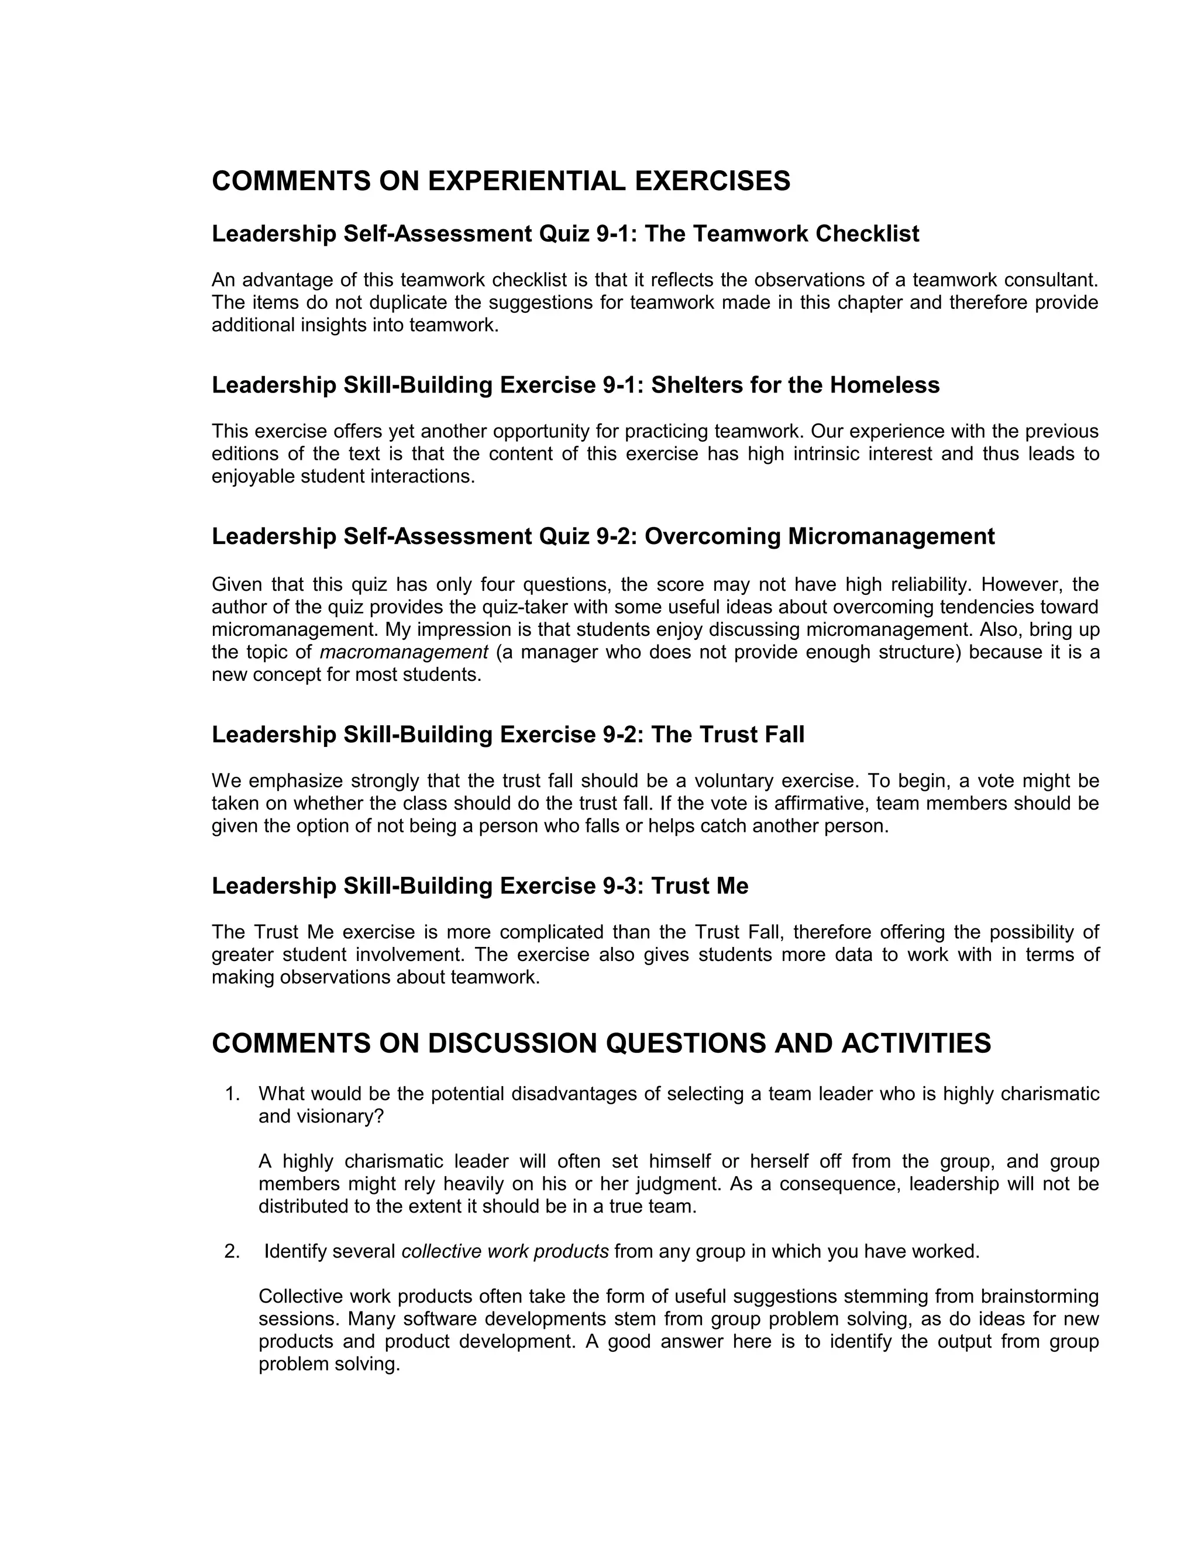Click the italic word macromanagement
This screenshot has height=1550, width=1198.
pyautogui.click(x=404, y=652)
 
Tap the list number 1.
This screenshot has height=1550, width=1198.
pyautogui.click(x=232, y=1094)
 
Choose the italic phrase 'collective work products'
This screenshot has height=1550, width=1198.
pyautogui.click(x=505, y=1251)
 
